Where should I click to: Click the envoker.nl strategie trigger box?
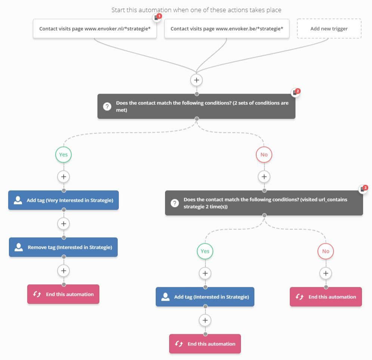[x=94, y=28]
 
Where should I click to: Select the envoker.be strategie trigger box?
[x=227, y=28]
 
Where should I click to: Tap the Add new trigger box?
[x=329, y=28]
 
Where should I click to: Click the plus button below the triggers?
[x=196, y=80]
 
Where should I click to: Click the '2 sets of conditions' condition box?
[x=196, y=106]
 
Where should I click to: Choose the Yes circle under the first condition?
[x=63, y=154]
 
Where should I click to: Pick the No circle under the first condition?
[x=264, y=154]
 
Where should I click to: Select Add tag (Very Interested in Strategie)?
[x=63, y=200]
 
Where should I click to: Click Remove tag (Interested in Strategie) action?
[x=63, y=247]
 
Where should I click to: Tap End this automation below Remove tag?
[x=63, y=294]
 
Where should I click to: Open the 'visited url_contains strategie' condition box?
[x=264, y=203]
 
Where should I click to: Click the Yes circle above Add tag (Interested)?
[x=205, y=251]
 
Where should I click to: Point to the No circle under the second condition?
[x=326, y=251]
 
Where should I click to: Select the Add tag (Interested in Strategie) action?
[x=205, y=297]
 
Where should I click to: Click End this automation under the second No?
[x=326, y=297]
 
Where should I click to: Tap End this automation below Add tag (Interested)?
[x=205, y=344]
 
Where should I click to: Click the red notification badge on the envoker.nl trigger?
[x=159, y=16]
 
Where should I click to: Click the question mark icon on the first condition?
[x=107, y=106]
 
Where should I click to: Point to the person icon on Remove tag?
[x=19, y=247]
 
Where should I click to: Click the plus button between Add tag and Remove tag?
[x=63, y=224]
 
